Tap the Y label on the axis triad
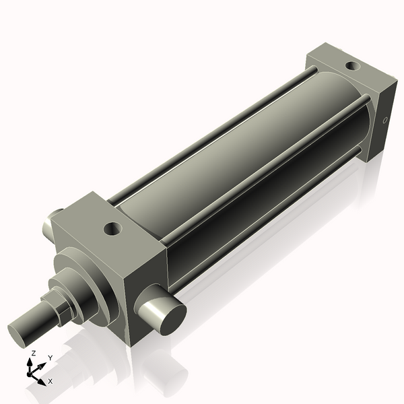click(x=50, y=358)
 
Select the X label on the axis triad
click(x=50, y=381)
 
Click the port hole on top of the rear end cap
click(x=351, y=66)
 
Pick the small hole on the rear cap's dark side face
click(x=384, y=121)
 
